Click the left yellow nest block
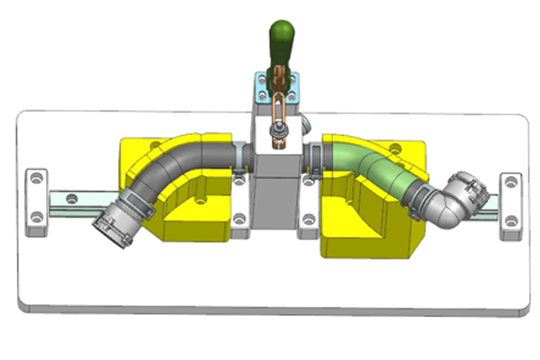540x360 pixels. coord(193,211)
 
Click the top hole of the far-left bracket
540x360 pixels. coord(36,180)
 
